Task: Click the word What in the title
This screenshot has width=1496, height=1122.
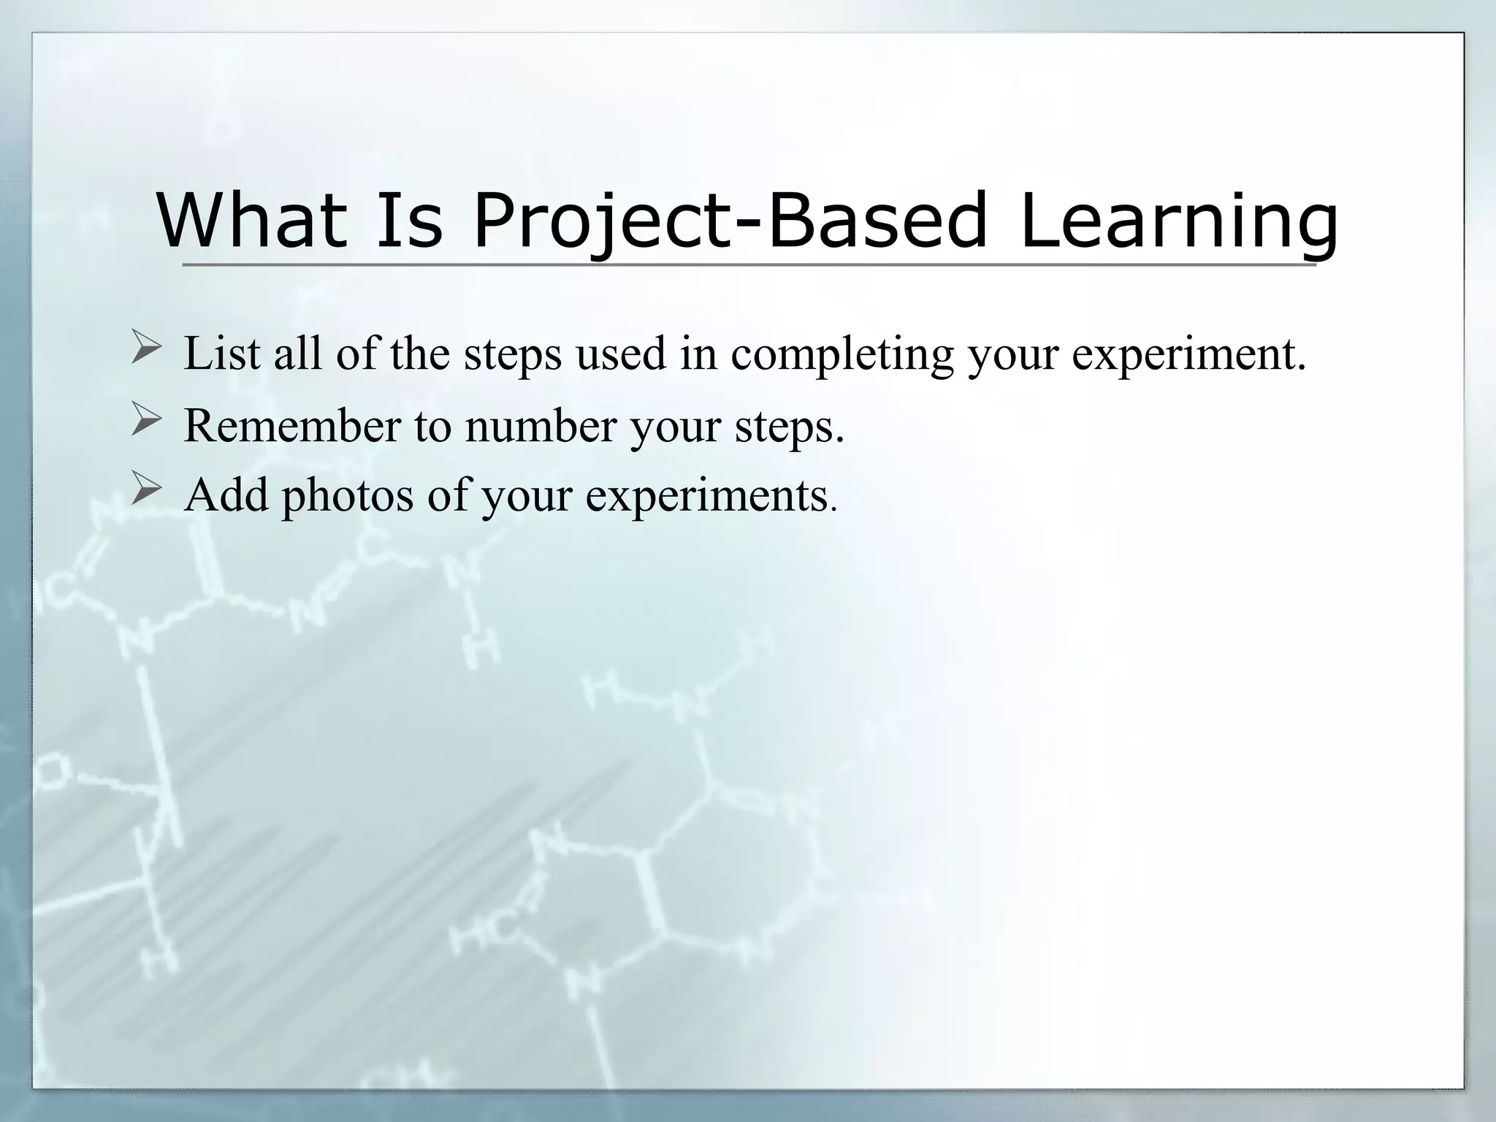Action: (x=252, y=219)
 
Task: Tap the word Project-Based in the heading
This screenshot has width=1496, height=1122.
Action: (x=730, y=219)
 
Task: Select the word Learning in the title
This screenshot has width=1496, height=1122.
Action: (x=1178, y=219)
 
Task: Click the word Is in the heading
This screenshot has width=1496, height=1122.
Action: (x=409, y=219)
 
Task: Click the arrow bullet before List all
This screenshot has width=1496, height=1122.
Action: (x=146, y=346)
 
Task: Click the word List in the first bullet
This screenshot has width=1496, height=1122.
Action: (x=221, y=354)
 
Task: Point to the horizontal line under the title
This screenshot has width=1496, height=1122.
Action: (x=748, y=264)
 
